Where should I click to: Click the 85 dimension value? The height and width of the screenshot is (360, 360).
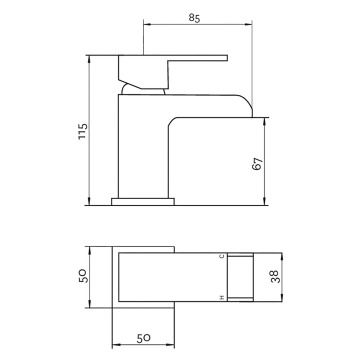click(194, 18)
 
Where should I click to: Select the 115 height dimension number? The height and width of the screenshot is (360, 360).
click(83, 132)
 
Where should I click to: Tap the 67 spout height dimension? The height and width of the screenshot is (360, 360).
click(258, 164)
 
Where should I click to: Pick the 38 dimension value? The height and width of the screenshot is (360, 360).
click(275, 277)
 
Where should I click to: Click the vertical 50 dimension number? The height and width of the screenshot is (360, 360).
click(83, 276)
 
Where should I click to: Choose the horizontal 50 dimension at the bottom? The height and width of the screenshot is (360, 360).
click(144, 338)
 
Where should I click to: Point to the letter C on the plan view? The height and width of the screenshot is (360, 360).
click(221, 256)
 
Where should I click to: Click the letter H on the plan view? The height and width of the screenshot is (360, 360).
click(221, 297)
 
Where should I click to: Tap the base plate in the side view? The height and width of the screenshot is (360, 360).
click(143, 202)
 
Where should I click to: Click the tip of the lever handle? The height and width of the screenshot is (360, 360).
click(227, 58)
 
